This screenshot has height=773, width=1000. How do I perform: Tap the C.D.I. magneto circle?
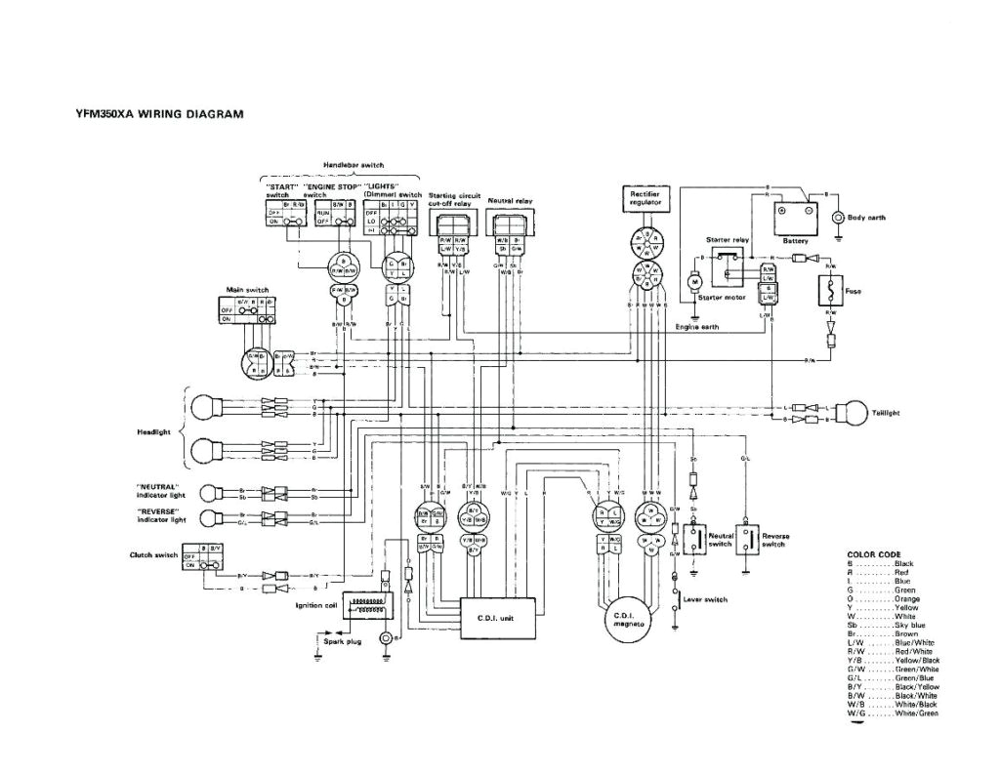pos(625,621)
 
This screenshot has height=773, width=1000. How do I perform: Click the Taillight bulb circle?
pos(856,413)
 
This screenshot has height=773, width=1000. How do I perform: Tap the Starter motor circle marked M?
pos(695,283)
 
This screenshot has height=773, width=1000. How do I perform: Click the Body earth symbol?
pos(837,218)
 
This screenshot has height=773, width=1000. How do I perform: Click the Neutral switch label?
pos(721,540)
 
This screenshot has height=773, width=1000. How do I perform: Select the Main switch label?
pos(247,290)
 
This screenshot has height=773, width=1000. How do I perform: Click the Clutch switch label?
pos(154,555)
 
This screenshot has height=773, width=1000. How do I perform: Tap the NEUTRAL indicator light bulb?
pos(207,492)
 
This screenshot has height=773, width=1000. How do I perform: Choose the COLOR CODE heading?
pos(873,554)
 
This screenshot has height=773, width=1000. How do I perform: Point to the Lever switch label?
pos(705,599)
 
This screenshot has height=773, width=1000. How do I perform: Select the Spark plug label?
pos(343,642)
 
